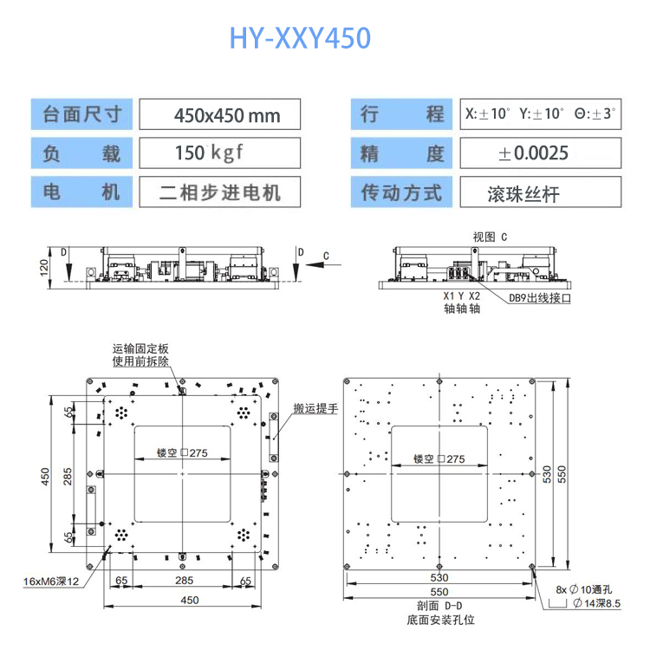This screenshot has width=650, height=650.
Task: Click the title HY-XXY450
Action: pos(300,38)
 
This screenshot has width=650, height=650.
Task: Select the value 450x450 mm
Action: pos(220,114)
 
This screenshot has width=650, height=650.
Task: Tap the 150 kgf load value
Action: pos(209,153)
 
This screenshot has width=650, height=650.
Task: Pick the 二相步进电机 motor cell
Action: pos(220,192)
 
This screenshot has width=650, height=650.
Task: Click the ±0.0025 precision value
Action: pos(534,153)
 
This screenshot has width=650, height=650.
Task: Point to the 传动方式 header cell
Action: pos(402,192)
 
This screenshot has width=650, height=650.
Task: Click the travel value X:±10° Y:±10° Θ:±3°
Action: pos(541,114)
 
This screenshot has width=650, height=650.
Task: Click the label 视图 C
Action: pos(490,236)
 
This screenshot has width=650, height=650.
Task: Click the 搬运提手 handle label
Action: pos(315,409)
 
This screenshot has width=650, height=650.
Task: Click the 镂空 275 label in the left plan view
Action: pos(183,453)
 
